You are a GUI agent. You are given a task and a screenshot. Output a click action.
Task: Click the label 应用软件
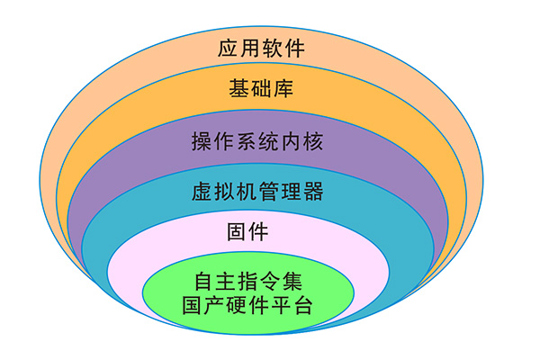pos(261,48)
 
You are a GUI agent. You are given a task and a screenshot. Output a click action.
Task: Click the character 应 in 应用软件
pos(229,48)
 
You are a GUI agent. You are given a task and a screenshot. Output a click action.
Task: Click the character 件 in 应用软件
pos(293,48)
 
